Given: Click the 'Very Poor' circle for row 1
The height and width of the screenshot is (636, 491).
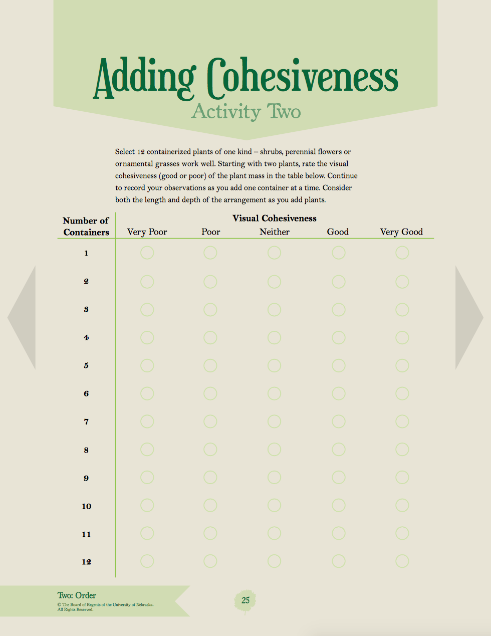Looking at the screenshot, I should pyautogui.click(x=147, y=253).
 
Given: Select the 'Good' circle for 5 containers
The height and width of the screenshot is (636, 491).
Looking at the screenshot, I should pyautogui.click(x=339, y=366).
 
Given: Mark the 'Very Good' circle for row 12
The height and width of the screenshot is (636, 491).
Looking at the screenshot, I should pyautogui.click(x=402, y=561).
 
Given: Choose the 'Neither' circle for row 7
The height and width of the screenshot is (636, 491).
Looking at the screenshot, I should pyautogui.click(x=274, y=422).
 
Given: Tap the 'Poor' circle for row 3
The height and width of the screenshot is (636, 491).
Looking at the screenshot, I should pyautogui.click(x=210, y=310).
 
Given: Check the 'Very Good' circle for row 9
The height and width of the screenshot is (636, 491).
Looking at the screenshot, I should pyautogui.click(x=402, y=478).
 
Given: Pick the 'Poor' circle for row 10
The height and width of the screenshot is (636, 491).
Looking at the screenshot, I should pyautogui.click(x=210, y=506).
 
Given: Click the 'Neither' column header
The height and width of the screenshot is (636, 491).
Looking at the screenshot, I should pyautogui.click(x=274, y=232).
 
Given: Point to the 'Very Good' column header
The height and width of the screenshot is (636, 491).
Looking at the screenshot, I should pyautogui.click(x=401, y=232).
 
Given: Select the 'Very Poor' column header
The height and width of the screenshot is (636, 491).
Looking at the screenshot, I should pyautogui.click(x=147, y=232).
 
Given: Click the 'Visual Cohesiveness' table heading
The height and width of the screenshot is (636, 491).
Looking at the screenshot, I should pyautogui.click(x=274, y=218).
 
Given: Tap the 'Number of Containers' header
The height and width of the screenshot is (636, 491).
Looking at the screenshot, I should pyautogui.click(x=86, y=227).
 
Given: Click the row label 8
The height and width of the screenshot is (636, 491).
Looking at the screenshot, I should pyautogui.click(x=86, y=450).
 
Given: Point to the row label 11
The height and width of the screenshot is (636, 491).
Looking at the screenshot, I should pyautogui.click(x=86, y=534).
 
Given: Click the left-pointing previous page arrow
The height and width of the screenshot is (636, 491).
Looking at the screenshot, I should pyautogui.click(x=23, y=318).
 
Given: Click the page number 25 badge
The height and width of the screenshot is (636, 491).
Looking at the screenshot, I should pyautogui.click(x=245, y=600).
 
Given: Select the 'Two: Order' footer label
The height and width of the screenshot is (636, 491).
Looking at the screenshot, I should pyautogui.click(x=77, y=595).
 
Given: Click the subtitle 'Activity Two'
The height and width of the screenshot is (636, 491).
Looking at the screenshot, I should pyautogui.click(x=245, y=112).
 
